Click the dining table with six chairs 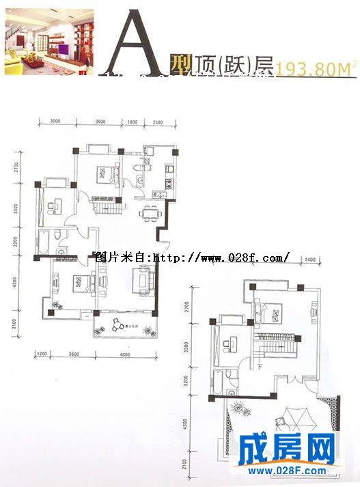150,213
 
